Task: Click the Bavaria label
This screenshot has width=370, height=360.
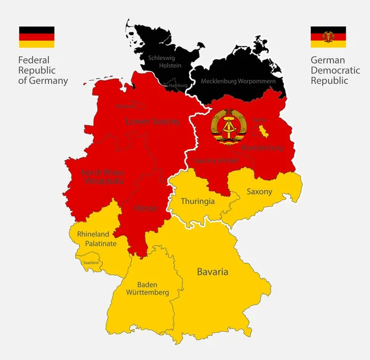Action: [x=212, y=272]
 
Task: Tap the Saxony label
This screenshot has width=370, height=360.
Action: [x=259, y=192]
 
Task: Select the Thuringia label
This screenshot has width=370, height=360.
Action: [x=197, y=201]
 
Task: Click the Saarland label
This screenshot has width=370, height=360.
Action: [x=90, y=262]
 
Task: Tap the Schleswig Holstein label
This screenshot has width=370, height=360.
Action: [x=162, y=61]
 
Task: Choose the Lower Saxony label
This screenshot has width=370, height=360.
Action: [x=152, y=122]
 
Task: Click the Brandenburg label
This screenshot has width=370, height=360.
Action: [x=262, y=148]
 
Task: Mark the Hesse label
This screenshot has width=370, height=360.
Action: [x=146, y=208]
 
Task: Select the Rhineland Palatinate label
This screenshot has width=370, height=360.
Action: [x=93, y=238]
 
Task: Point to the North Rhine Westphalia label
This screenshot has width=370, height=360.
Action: [x=102, y=177]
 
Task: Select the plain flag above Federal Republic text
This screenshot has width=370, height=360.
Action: [x=36, y=36]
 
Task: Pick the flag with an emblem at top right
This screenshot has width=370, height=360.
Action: [x=327, y=36]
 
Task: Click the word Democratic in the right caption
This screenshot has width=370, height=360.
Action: [x=335, y=71]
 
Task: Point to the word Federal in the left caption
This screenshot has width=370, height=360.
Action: [x=34, y=61]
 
